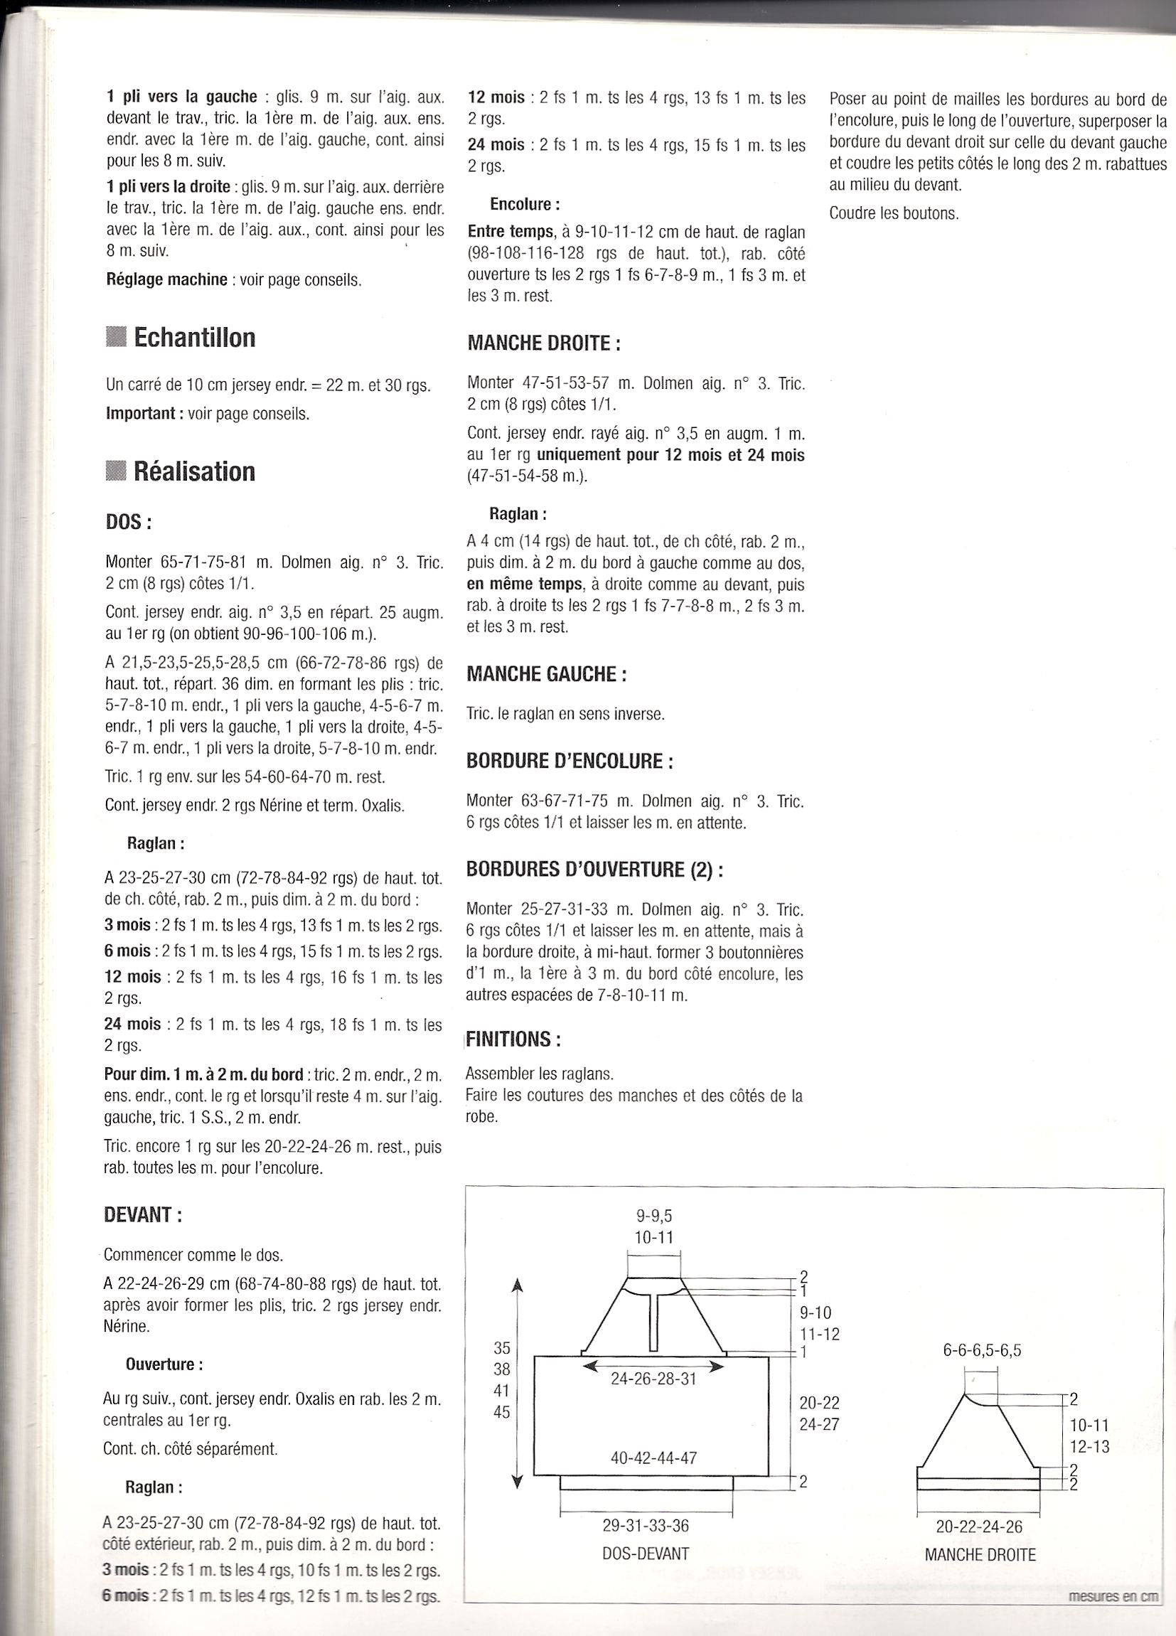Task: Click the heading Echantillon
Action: [x=194, y=338]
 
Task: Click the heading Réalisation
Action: [x=194, y=472]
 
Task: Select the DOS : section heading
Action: [x=128, y=523]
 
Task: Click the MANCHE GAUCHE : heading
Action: [x=546, y=674]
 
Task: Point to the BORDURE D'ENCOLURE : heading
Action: [x=570, y=761]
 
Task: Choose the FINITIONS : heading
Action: [x=513, y=1039]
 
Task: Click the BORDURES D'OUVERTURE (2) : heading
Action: [x=594, y=870]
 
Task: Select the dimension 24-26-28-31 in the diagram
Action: [x=653, y=1379]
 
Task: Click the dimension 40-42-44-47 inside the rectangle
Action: [x=653, y=1458]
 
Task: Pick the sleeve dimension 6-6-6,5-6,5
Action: [x=982, y=1349]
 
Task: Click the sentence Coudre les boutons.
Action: [x=894, y=213]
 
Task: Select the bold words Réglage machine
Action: [x=166, y=279]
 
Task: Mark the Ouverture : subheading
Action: [x=164, y=1365]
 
